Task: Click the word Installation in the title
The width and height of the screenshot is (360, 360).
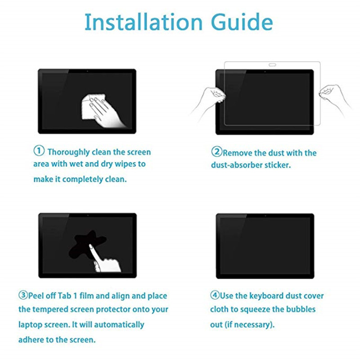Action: point(144,22)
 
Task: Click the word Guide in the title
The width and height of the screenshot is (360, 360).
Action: point(242,22)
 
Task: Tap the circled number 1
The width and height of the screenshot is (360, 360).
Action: point(39,151)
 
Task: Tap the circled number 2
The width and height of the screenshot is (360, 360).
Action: point(217,152)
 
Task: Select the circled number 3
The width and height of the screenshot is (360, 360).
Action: point(23,295)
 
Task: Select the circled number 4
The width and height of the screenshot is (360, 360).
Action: point(215,295)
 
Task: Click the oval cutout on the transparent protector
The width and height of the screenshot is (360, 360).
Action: point(272,65)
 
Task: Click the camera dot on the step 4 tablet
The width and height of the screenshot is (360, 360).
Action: point(265,216)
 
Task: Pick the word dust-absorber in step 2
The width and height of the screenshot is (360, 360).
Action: point(237,165)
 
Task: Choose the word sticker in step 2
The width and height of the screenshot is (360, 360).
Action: point(278,165)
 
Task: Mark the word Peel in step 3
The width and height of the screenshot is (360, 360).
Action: point(36,296)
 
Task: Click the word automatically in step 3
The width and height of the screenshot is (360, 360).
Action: point(119,324)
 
